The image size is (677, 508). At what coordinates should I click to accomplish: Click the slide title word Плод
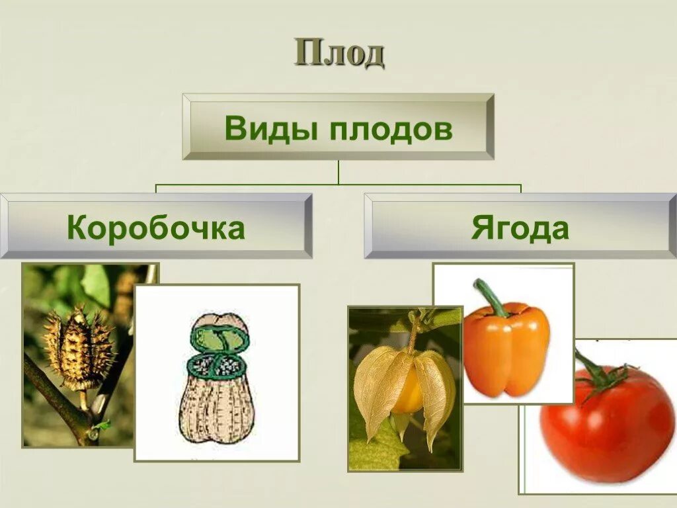coord(339,54)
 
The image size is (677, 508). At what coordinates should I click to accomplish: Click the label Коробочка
coord(156,228)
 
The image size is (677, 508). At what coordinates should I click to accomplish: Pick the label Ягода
coord(520,228)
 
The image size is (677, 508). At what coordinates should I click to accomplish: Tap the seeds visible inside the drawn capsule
coord(218,366)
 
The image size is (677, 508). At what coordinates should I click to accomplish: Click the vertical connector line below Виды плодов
coord(338,172)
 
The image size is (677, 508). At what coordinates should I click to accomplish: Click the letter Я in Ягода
coord(481,229)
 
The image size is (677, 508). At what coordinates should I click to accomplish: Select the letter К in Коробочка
coord(77,229)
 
